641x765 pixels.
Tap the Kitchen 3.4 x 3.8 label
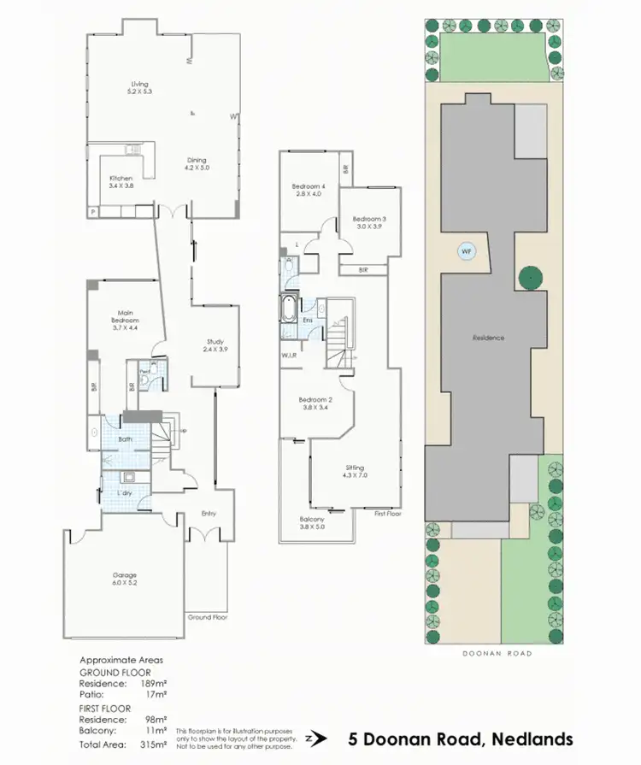[x=121, y=182]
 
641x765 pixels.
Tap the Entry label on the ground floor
[x=209, y=513]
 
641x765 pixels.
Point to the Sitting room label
[x=355, y=471]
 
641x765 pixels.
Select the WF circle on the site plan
[x=466, y=251]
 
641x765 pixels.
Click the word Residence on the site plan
[x=489, y=338]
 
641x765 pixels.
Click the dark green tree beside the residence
[x=532, y=277]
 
